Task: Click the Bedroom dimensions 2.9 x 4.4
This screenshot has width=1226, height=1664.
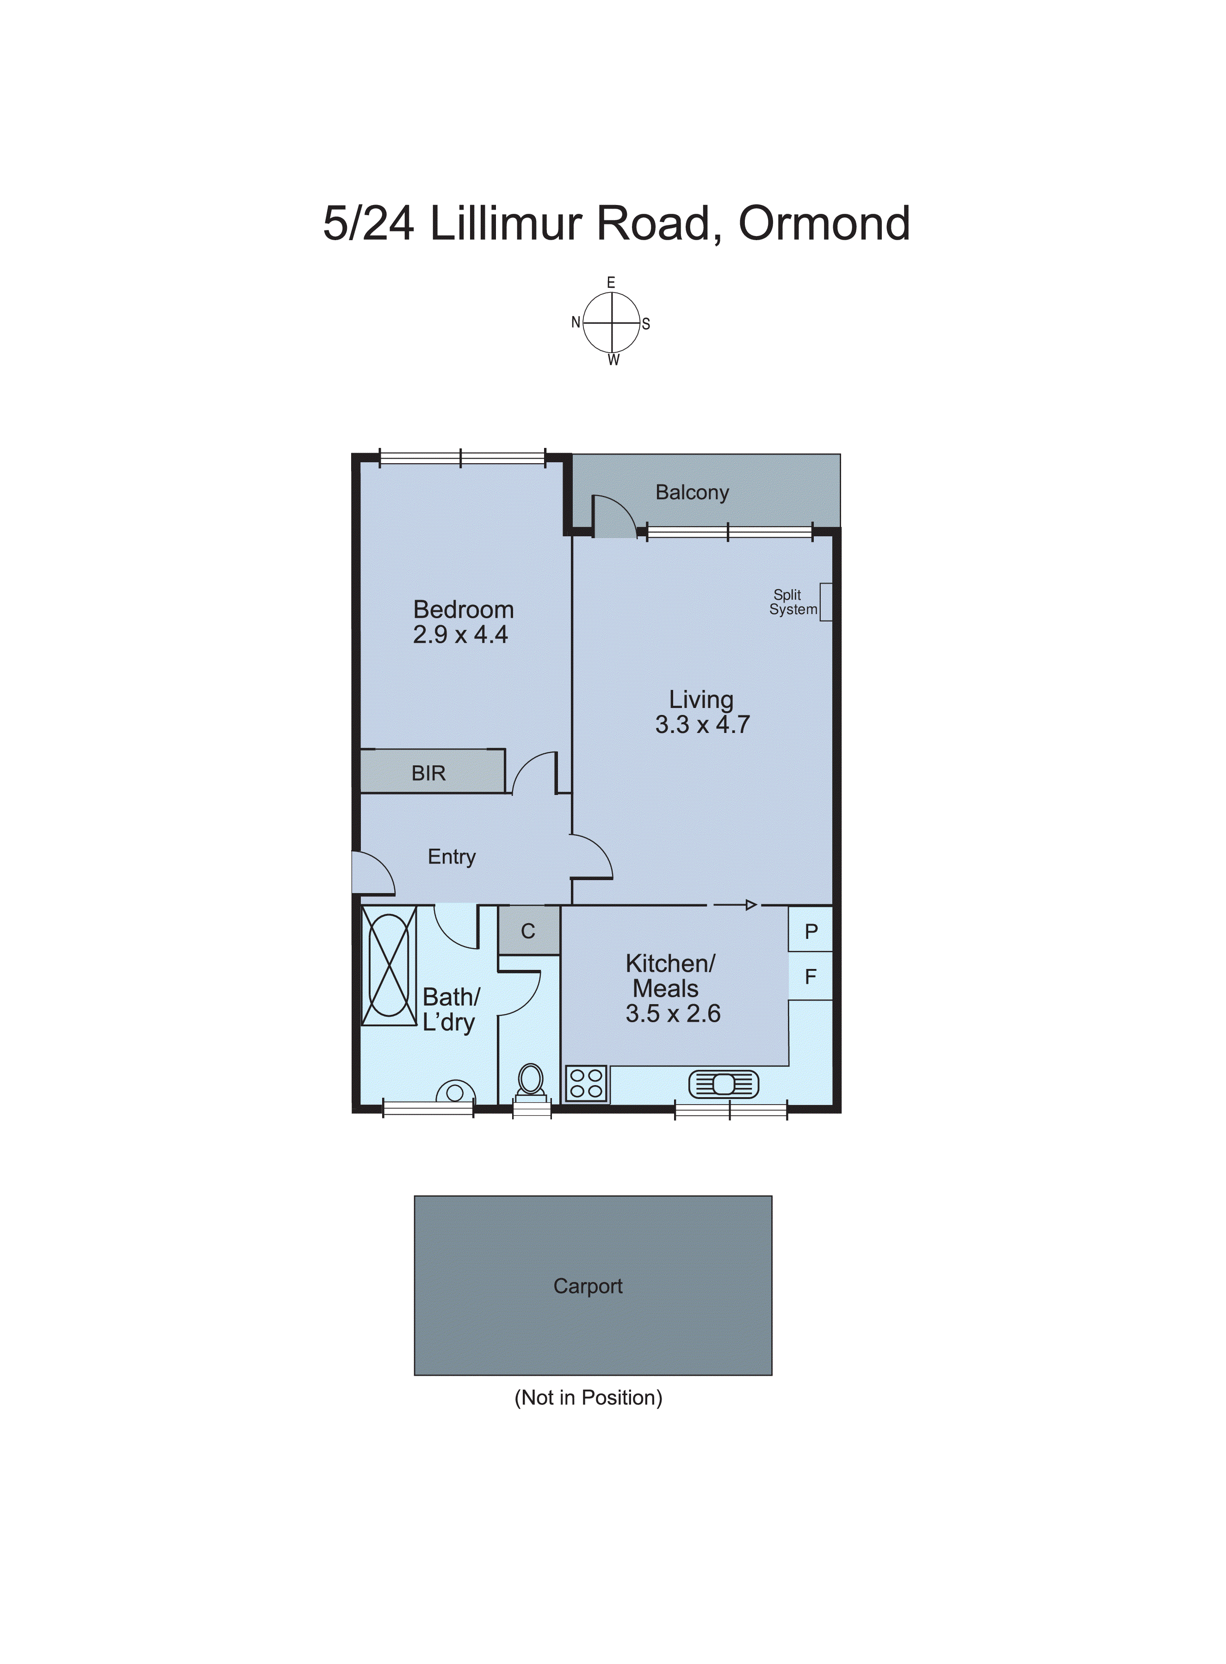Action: (x=460, y=635)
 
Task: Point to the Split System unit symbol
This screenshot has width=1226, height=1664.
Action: (x=825, y=602)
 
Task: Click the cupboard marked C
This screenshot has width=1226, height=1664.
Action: (x=528, y=931)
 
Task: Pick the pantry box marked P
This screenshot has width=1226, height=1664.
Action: (x=811, y=931)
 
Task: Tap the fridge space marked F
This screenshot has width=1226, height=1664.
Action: (x=811, y=976)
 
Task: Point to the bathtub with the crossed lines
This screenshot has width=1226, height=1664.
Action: (x=389, y=965)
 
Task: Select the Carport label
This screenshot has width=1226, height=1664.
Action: (x=588, y=1286)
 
